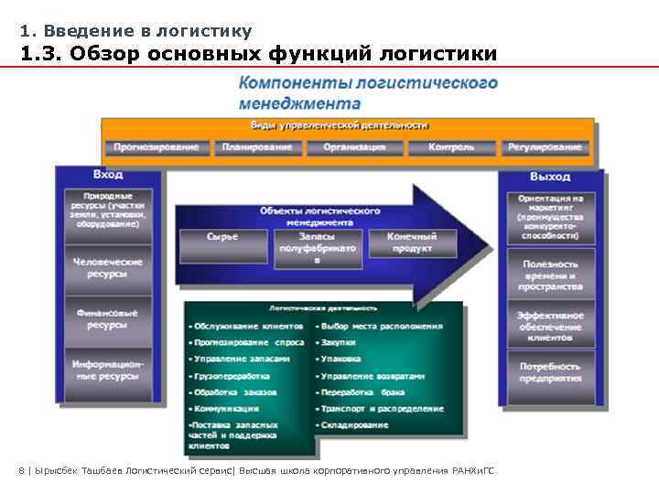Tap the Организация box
(x=354, y=147)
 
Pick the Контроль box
(x=451, y=147)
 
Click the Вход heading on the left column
(x=108, y=175)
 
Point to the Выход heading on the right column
(x=549, y=176)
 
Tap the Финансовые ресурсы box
(x=108, y=318)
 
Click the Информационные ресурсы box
(x=108, y=370)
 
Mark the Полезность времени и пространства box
(x=550, y=274)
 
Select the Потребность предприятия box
(x=550, y=371)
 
